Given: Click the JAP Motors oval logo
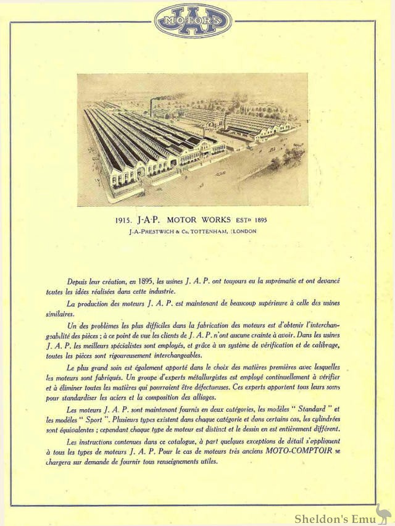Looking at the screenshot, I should pyautogui.click(x=193, y=20).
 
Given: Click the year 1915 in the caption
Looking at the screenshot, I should pyautogui.click(x=124, y=219).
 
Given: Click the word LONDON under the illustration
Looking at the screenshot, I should pyautogui.click(x=245, y=231).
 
